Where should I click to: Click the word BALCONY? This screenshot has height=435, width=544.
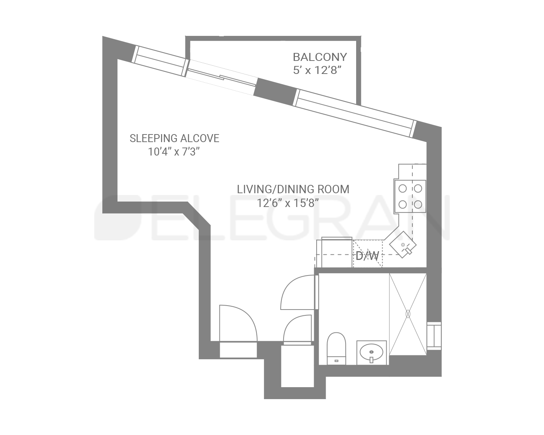click(x=320, y=57)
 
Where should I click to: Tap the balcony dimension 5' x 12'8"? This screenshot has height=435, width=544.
click(x=318, y=70)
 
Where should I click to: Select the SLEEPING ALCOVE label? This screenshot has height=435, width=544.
click(x=174, y=138)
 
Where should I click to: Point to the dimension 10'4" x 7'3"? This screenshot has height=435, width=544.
click(x=174, y=152)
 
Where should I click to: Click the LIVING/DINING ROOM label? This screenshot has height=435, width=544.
click(x=293, y=189)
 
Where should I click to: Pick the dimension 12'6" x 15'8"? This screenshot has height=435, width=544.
click(x=288, y=203)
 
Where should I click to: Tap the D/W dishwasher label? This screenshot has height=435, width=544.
click(x=367, y=256)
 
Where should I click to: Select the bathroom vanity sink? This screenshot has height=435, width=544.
click(x=371, y=352)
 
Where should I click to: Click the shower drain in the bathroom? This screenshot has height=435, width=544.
click(x=408, y=314)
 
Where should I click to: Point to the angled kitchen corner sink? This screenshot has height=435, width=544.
click(x=403, y=245)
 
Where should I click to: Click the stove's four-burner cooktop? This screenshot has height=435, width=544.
click(x=410, y=196)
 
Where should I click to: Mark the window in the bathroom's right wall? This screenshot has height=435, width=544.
click(x=434, y=336)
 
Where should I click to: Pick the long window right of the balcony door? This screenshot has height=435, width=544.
click(x=354, y=112)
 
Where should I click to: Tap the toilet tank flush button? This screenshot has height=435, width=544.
click(x=336, y=361)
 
